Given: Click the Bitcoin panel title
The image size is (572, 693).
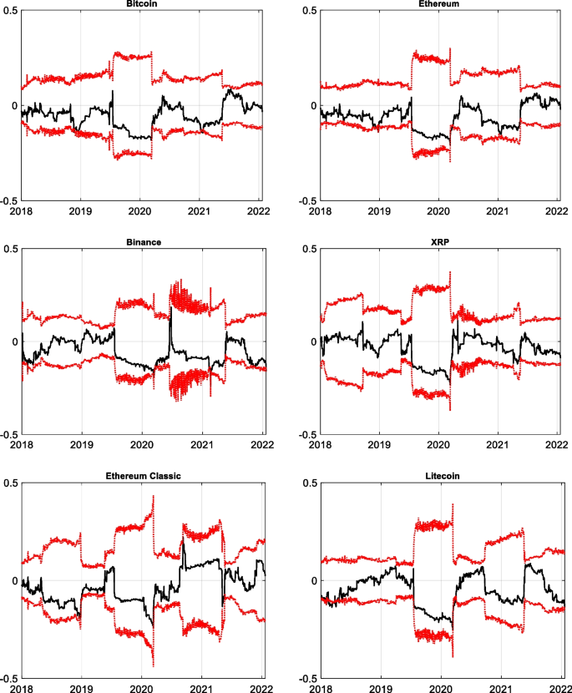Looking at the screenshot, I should click(x=139, y=4).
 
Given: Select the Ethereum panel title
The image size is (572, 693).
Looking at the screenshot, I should click(x=440, y=4).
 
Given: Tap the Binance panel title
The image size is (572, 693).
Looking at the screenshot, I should click(x=139, y=242).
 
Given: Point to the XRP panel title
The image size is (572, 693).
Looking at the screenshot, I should click(x=440, y=242).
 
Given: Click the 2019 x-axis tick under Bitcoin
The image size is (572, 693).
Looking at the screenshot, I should click(x=80, y=213).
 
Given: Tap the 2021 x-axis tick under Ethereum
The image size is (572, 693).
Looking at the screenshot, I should click(x=499, y=213).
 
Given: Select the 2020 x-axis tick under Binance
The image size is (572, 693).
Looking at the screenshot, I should click(x=140, y=447).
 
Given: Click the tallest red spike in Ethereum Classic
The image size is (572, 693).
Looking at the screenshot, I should click(x=154, y=497).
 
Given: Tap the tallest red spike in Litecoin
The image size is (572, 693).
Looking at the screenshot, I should click(x=453, y=505).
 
